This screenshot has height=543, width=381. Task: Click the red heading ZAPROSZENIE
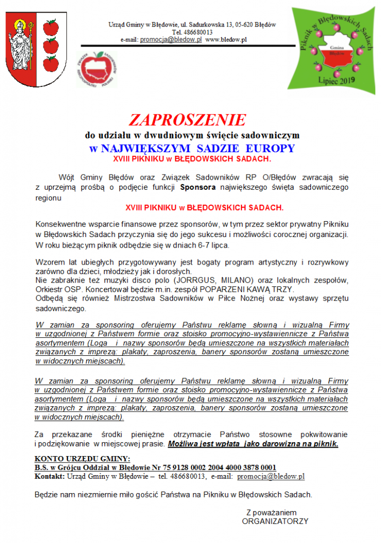pos(188,119)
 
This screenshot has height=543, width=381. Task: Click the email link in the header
pos(170,40)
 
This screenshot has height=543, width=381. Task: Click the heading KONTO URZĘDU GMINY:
pos(82,459)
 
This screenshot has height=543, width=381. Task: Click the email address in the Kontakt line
pos(271,476)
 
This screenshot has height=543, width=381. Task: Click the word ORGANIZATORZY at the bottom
pos(275,521)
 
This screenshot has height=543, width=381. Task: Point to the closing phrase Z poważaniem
pos(271,512)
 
